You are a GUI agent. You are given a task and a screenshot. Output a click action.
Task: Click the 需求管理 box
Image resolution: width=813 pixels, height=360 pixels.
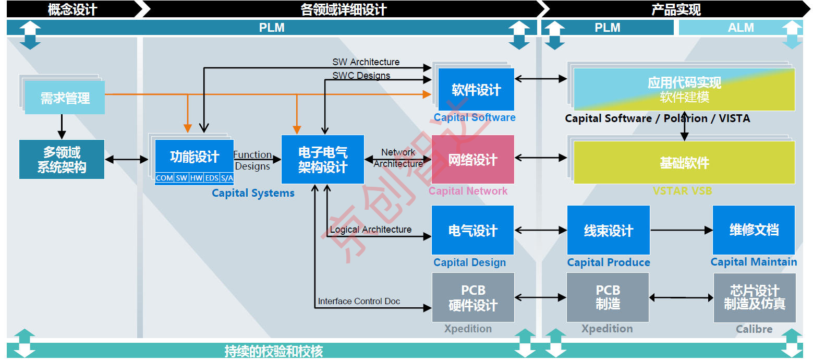[x=65, y=98]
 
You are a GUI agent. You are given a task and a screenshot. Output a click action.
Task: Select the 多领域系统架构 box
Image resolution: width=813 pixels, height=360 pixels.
[x=62, y=160]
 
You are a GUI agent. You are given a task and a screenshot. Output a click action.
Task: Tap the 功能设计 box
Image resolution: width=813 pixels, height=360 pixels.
[x=194, y=157]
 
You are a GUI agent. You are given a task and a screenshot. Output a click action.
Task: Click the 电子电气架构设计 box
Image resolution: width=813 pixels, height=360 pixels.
[x=322, y=160]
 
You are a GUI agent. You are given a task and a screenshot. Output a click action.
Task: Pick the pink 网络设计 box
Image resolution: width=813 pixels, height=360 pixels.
[x=472, y=160]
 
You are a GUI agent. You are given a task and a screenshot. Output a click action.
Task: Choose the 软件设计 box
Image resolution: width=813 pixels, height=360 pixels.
[x=476, y=90]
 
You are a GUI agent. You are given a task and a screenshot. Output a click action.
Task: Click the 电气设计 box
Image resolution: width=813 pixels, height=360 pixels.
[x=472, y=230]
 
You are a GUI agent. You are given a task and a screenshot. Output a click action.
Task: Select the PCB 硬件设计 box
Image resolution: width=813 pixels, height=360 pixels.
[x=473, y=297]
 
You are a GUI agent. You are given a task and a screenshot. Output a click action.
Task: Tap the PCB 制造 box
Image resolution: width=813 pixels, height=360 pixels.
[x=608, y=297]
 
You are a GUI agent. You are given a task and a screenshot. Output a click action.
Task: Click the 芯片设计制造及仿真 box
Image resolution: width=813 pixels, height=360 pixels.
[x=754, y=297]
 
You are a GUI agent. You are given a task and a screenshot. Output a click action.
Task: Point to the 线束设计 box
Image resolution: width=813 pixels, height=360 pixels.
[x=608, y=230]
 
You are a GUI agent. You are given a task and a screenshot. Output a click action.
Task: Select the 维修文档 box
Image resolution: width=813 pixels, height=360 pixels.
[x=754, y=230]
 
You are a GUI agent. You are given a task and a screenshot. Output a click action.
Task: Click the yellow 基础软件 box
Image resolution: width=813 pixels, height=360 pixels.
[x=684, y=163]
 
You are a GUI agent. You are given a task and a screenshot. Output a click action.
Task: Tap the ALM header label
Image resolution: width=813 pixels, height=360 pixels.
[x=741, y=28]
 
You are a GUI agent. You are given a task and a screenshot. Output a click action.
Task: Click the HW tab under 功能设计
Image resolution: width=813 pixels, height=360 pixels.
[x=196, y=178]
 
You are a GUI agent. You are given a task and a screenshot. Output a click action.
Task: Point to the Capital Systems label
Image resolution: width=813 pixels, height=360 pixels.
[x=253, y=193]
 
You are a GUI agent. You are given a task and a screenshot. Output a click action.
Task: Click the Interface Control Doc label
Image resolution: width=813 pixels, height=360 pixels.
[x=359, y=301]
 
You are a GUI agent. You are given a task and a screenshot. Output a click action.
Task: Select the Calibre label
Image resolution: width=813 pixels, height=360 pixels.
[x=754, y=329]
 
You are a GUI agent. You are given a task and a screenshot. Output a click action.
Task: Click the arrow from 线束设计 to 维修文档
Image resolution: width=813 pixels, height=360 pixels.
[x=681, y=230]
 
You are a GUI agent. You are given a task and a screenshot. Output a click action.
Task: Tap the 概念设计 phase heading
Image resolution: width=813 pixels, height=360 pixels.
[x=72, y=9]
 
